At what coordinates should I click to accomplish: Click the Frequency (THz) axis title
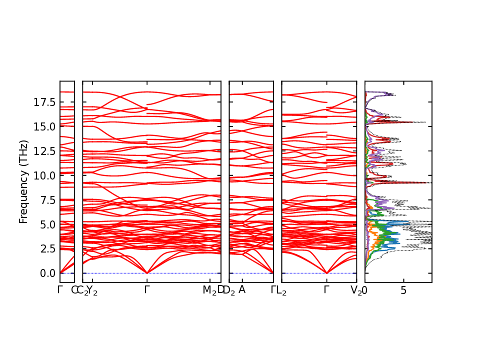pyautogui.click(x=23, y=181)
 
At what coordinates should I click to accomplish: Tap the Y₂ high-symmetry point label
pyautogui.click(x=92, y=290)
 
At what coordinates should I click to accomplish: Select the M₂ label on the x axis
pyautogui.click(x=209, y=290)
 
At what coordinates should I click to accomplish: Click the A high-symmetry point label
pyautogui.click(x=242, y=290)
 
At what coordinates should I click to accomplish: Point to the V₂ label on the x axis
pyautogui.click(x=356, y=290)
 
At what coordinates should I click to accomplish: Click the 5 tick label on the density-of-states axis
pyautogui.click(x=403, y=290)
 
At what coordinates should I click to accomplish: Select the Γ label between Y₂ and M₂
pyautogui.click(x=147, y=290)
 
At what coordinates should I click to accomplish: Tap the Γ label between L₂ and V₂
pyautogui.click(x=326, y=290)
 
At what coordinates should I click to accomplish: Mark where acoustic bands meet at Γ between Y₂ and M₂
pyautogui.click(x=147, y=273)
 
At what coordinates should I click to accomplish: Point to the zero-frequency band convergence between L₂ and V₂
pyautogui.click(x=326, y=273)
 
